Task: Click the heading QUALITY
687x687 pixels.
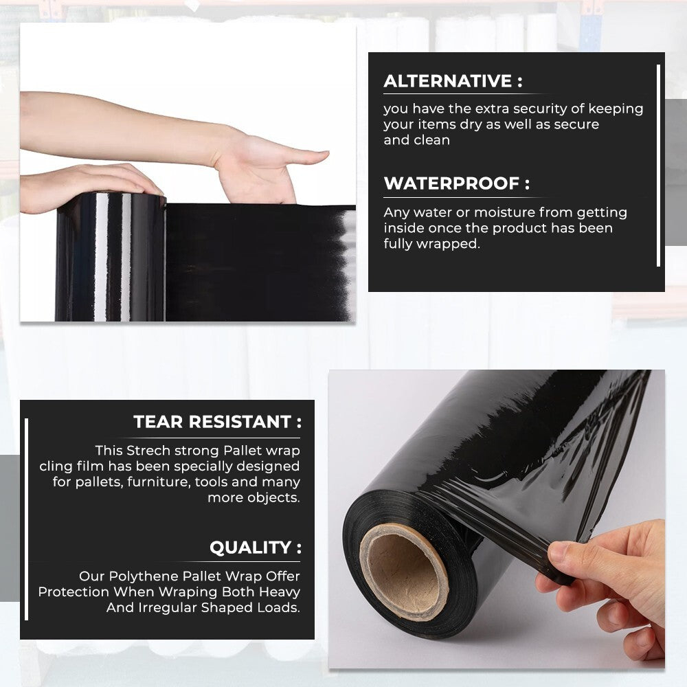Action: click(x=255, y=548)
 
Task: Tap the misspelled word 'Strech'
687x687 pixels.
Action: click(x=149, y=451)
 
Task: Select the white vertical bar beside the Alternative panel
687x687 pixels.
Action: click(x=658, y=165)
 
